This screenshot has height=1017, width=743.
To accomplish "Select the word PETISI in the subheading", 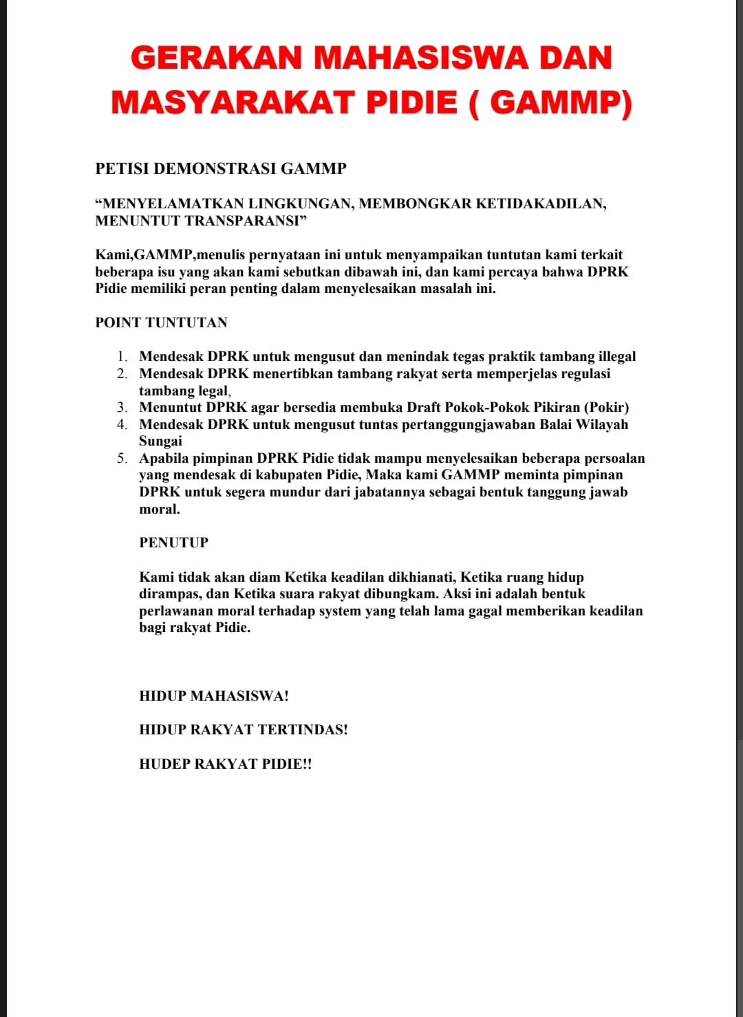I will click(122, 168).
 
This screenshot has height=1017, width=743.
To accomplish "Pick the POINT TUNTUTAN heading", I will click(161, 322).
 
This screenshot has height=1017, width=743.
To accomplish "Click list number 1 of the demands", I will click(122, 357).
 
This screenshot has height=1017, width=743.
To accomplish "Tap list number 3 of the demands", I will click(122, 408).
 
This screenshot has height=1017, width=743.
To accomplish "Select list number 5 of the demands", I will click(122, 459).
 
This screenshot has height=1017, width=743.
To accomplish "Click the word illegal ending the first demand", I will click(616, 356).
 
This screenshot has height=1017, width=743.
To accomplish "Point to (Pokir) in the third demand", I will click(606, 407).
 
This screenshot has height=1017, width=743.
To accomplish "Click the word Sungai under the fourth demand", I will click(160, 441).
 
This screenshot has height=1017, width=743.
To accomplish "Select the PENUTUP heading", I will click(173, 543).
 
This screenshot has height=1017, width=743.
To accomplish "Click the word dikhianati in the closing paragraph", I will click(421, 577).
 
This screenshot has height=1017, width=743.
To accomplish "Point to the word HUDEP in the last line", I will click(164, 764).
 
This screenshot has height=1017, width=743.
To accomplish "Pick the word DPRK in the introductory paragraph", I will click(608, 272).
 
